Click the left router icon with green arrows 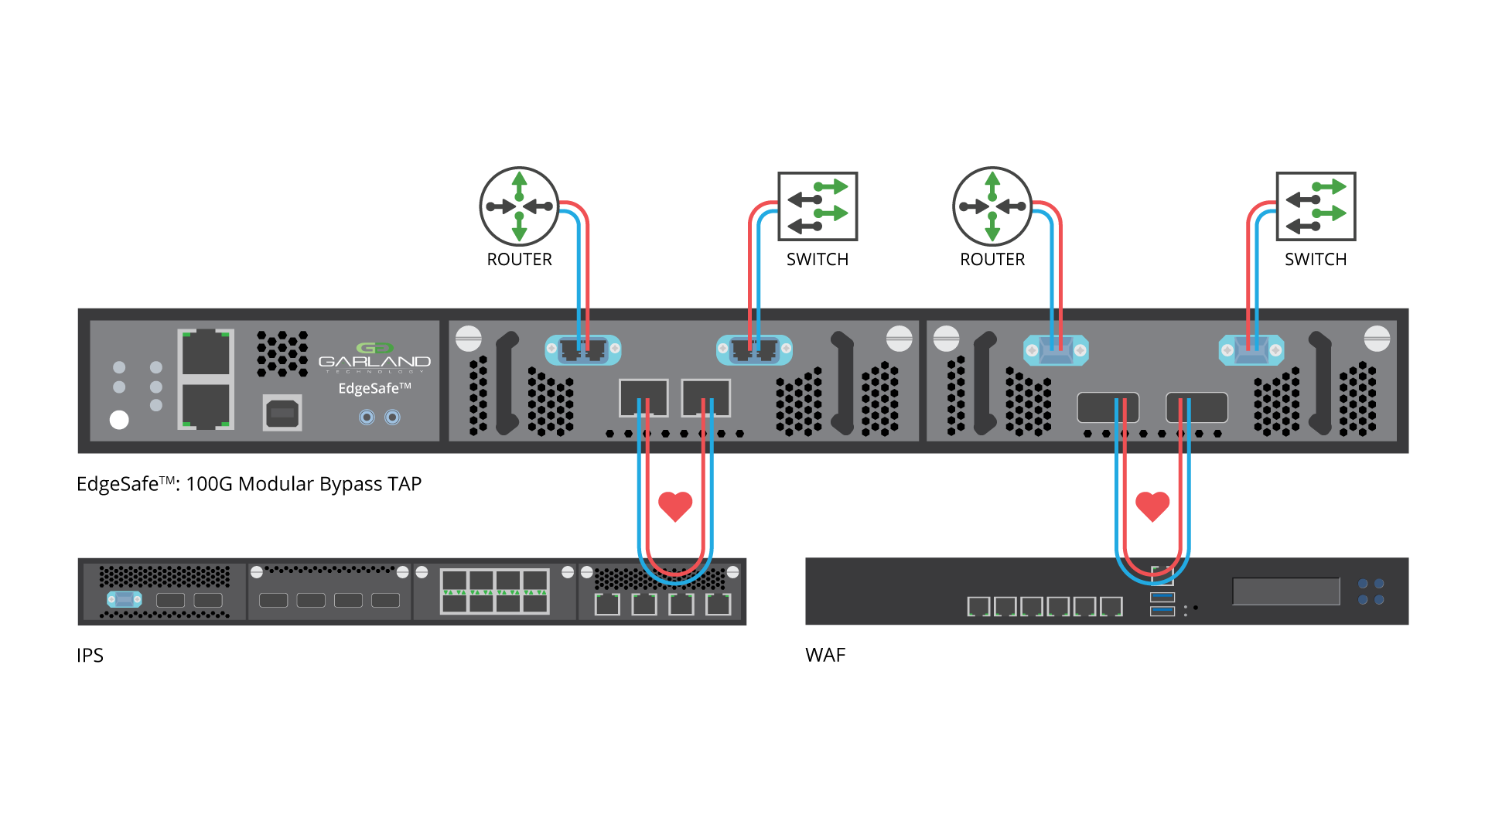point(519,206)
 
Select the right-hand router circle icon point(992,206)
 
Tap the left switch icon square point(818,206)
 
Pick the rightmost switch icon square point(1316,206)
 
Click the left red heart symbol point(675,506)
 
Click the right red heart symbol point(1152,506)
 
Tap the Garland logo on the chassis point(374,356)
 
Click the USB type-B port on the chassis point(282,413)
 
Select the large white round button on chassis point(119,420)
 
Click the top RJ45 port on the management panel point(206,353)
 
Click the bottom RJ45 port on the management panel point(206,405)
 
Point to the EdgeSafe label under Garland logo point(374,388)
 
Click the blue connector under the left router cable point(583,350)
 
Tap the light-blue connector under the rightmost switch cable point(1251,350)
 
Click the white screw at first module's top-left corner point(469,338)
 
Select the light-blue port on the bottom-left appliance point(125,599)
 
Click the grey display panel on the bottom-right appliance point(1285,591)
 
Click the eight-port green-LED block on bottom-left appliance point(494,591)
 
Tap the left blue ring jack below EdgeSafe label point(367,417)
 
